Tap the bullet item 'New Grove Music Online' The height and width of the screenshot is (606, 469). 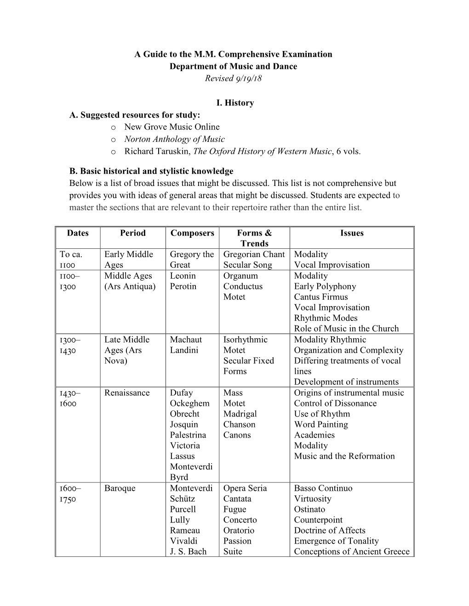172,127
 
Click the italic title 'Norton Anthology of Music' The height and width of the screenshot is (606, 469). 174,139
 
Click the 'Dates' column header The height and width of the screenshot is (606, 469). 78,233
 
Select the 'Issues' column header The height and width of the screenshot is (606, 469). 352,233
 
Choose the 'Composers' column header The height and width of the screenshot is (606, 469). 192,233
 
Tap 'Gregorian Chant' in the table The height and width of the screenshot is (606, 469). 254,254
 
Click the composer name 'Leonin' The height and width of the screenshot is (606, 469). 183,276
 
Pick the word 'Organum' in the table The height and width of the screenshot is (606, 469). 240,276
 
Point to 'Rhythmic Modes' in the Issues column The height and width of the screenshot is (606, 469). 326,318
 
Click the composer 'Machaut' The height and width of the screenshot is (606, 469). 186,340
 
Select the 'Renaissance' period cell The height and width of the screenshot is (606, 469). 127,393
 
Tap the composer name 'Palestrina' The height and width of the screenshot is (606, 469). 188,435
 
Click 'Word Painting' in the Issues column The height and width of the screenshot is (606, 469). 321,425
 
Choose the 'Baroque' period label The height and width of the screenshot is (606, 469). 120,488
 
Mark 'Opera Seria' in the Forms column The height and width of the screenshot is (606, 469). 245,488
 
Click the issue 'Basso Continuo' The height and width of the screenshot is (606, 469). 323,488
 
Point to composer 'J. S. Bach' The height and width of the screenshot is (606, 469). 188,552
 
